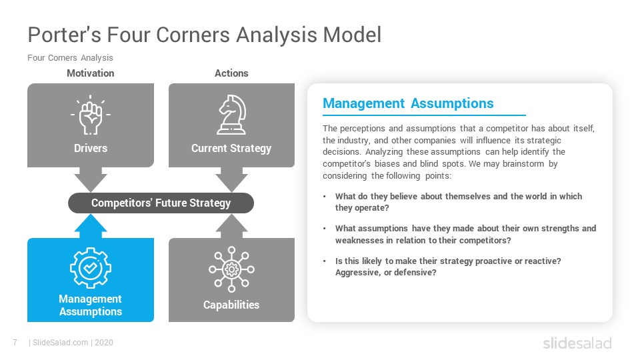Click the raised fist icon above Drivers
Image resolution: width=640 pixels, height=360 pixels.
click(x=91, y=116)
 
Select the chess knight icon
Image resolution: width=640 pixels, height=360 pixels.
click(x=231, y=115)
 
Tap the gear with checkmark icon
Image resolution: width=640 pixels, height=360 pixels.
click(x=91, y=267)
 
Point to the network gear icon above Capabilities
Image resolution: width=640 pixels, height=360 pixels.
click(x=231, y=268)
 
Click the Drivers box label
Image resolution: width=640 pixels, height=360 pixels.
click(x=91, y=148)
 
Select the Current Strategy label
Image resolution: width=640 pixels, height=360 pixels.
click(x=231, y=148)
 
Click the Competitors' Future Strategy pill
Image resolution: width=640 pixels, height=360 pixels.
click(x=161, y=203)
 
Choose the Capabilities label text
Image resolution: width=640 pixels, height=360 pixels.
click(x=231, y=305)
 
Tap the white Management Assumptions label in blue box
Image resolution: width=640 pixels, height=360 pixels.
click(x=91, y=305)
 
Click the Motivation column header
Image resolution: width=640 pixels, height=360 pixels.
click(x=91, y=73)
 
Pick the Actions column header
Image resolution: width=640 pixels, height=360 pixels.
click(x=231, y=73)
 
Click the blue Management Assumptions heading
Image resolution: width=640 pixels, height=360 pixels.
click(x=408, y=103)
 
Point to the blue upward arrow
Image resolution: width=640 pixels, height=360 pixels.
click(x=91, y=227)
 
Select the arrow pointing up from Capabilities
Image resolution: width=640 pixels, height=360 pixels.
click(x=231, y=227)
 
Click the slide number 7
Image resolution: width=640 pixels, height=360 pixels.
click(x=15, y=343)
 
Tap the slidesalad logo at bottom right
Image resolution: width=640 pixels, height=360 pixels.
click(x=577, y=343)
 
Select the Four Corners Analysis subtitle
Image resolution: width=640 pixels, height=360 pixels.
click(x=70, y=58)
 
